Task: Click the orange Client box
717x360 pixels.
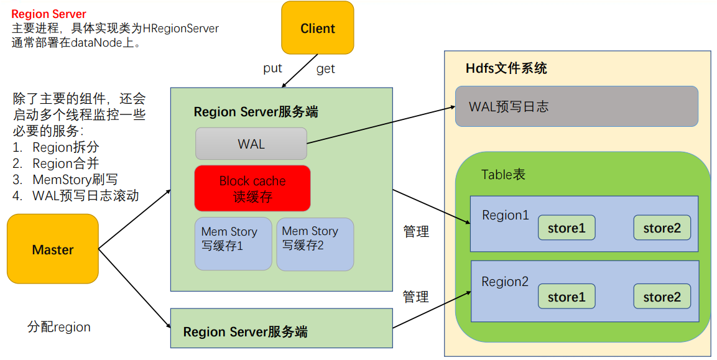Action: pyautogui.click(x=317, y=28)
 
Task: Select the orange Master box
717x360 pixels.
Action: pyautogui.click(x=53, y=249)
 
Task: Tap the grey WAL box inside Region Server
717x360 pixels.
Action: pyautogui.click(x=251, y=144)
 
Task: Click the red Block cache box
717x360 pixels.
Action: pyautogui.click(x=252, y=188)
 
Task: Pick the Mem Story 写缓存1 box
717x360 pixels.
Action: pyautogui.click(x=233, y=243)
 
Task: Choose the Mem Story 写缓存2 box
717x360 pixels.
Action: pyautogui.click(x=315, y=243)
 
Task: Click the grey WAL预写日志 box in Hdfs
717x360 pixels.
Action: pyautogui.click(x=576, y=106)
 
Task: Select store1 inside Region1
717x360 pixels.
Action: pyautogui.click(x=566, y=228)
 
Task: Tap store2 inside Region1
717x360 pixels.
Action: pyautogui.click(x=662, y=228)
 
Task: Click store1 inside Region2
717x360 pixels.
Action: pyautogui.click(x=566, y=297)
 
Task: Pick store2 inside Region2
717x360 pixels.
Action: pyautogui.click(x=662, y=297)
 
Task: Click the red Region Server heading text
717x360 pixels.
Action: pyautogui.click(x=49, y=14)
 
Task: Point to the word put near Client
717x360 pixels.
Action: pyautogui.click(x=272, y=68)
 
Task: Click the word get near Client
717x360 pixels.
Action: pyautogui.click(x=326, y=68)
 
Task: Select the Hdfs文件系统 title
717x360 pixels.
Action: pyautogui.click(x=506, y=68)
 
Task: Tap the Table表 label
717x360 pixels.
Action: pyautogui.click(x=503, y=174)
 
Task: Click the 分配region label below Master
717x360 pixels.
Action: pyautogui.click(x=59, y=327)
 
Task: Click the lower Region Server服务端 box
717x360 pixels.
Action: pyautogui.click(x=281, y=328)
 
